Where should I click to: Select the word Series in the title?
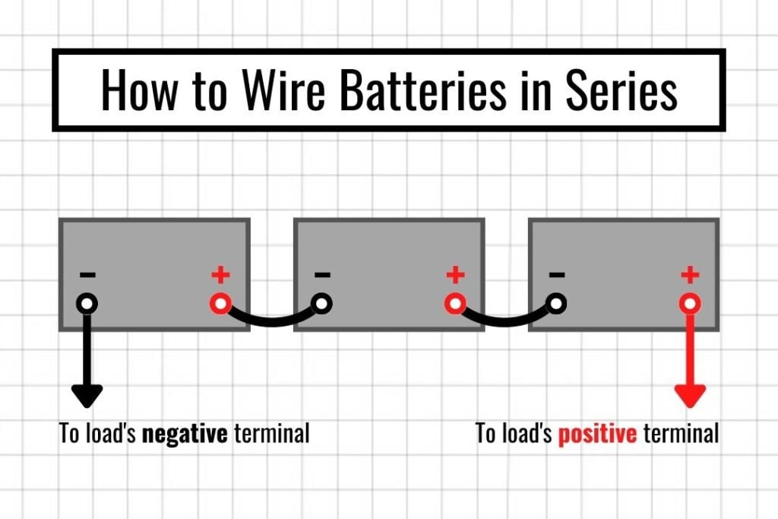tap(621, 91)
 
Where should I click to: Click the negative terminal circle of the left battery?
tap(87, 304)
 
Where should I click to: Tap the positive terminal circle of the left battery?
tap(220, 304)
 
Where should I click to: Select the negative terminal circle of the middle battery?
tap(321, 304)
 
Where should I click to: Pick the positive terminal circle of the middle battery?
tap(455, 304)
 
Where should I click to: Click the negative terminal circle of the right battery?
tap(556, 304)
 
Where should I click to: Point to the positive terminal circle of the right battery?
tap(690, 304)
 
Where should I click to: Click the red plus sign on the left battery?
tap(220, 274)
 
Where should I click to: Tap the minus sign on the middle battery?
tap(321, 274)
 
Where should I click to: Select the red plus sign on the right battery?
tap(690, 274)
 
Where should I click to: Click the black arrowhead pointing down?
tap(87, 394)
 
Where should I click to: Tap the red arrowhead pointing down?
tap(690, 394)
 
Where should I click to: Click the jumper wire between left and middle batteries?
tap(271, 321)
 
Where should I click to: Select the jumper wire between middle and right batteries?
tap(506, 321)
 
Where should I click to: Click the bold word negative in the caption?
tap(185, 434)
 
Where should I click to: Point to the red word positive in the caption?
tap(597, 434)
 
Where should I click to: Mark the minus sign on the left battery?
tap(87, 274)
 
